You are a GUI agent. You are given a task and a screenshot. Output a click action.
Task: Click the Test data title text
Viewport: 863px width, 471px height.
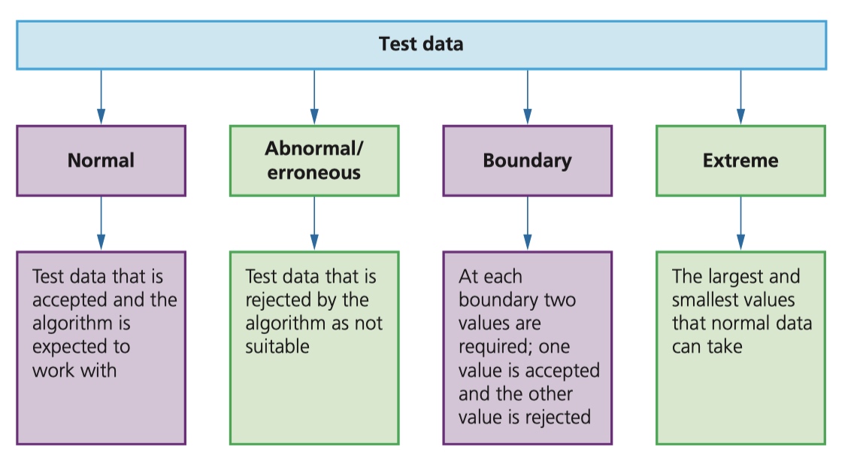point(421,44)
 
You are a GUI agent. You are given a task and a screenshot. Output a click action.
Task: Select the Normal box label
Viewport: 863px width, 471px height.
point(101,160)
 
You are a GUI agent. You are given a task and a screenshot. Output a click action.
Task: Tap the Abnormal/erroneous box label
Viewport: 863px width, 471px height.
point(314,160)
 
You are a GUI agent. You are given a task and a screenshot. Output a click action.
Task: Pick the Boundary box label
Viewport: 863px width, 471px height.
point(527,160)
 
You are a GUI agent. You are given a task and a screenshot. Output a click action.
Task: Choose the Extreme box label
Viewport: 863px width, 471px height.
point(740,160)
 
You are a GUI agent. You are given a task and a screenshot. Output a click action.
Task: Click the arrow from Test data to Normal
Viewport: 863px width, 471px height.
point(101,97)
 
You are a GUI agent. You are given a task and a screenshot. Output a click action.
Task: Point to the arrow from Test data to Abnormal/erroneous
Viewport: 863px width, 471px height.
point(314,97)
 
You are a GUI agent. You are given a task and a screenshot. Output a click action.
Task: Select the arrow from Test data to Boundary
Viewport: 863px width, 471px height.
point(527,97)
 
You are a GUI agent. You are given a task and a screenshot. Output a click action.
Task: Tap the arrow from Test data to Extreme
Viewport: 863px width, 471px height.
point(740,97)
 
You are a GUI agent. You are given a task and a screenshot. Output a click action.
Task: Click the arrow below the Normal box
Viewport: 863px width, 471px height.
point(101,223)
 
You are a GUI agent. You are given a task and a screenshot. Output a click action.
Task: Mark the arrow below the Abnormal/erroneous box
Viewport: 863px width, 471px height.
point(314,223)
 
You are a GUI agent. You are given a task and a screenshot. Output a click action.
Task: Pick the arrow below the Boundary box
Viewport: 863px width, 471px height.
point(527,223)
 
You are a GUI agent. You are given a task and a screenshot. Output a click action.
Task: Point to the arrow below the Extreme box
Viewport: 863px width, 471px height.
point(740,223)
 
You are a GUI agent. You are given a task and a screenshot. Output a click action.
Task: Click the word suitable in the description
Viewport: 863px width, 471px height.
point(277,347)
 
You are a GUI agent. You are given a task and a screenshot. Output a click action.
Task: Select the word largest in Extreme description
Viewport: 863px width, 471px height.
point(737,277)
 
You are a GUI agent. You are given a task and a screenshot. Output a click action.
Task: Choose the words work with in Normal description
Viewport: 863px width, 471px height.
point(74,370)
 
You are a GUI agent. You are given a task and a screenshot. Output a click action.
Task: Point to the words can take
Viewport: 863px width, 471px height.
point(707,347)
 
